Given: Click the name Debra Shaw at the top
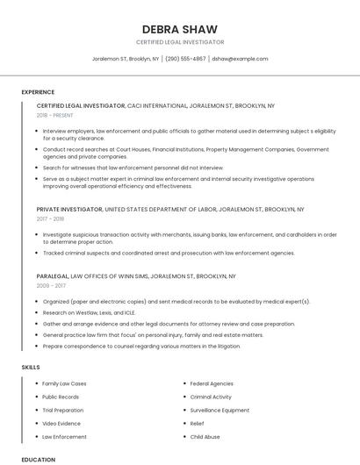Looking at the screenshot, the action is (x=180, y=29).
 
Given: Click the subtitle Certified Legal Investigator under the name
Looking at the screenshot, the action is (x=180, y=42).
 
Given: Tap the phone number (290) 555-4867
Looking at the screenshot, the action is (x=185, y=59).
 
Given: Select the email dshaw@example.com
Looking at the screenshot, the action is (x=240, y=59).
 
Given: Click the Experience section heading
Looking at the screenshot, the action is (x=38, y=92).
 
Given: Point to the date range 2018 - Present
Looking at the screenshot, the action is (x=55, y=115).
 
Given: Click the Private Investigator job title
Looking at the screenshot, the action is (x=69, y=210).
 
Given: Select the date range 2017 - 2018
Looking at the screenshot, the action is (x=50, y=219).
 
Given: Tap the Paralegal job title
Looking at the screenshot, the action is (x=53, y=275).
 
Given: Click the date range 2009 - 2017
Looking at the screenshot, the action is (x=51, y=285).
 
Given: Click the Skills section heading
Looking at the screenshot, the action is (x=30, y=367).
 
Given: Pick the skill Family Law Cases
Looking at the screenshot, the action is (x=64, y=383).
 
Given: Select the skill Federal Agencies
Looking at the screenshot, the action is (x=212, y=383).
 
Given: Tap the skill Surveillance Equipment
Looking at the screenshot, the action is (x=220, y=410).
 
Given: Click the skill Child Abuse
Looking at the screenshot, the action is (x=205, y=436).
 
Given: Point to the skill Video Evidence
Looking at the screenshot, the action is (x=62, y=423).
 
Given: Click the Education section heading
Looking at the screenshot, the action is (x=38, y=459).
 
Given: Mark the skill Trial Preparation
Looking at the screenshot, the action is (x=63, y=410).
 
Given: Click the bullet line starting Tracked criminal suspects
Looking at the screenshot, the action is (x=169, y=253).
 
